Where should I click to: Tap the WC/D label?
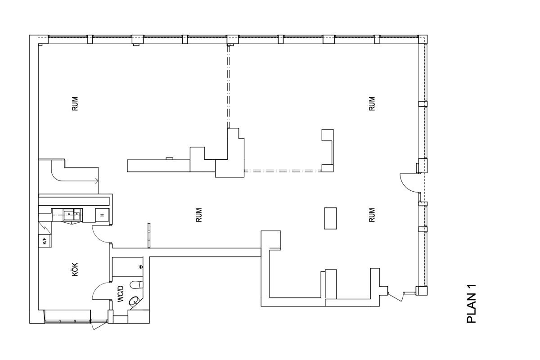click(x=121, y=294)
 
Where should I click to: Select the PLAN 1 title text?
click(x=472, y=304)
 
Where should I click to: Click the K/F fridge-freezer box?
click(x=45, y=241)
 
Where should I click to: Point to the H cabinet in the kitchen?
click(x=102, y=215)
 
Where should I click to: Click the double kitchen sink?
click(x=72, y=215)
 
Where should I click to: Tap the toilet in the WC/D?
click(x=136, y=285)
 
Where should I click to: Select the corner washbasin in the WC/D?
click(x=135, y=301)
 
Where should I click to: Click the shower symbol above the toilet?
click(x=140, y=267)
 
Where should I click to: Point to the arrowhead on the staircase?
click(x=97, y=180)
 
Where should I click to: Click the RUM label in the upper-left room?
click(x=75, y=103)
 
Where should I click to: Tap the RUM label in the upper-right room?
click(x=372, y=103)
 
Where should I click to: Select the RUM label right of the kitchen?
click(x=198, y=215)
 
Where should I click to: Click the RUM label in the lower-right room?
click(x=372, y=215)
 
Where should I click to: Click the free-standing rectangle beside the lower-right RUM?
click(x=330, y=218)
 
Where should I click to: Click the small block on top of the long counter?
click(x=170, y=158)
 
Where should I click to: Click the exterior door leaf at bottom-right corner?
click(x=395, y=297)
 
